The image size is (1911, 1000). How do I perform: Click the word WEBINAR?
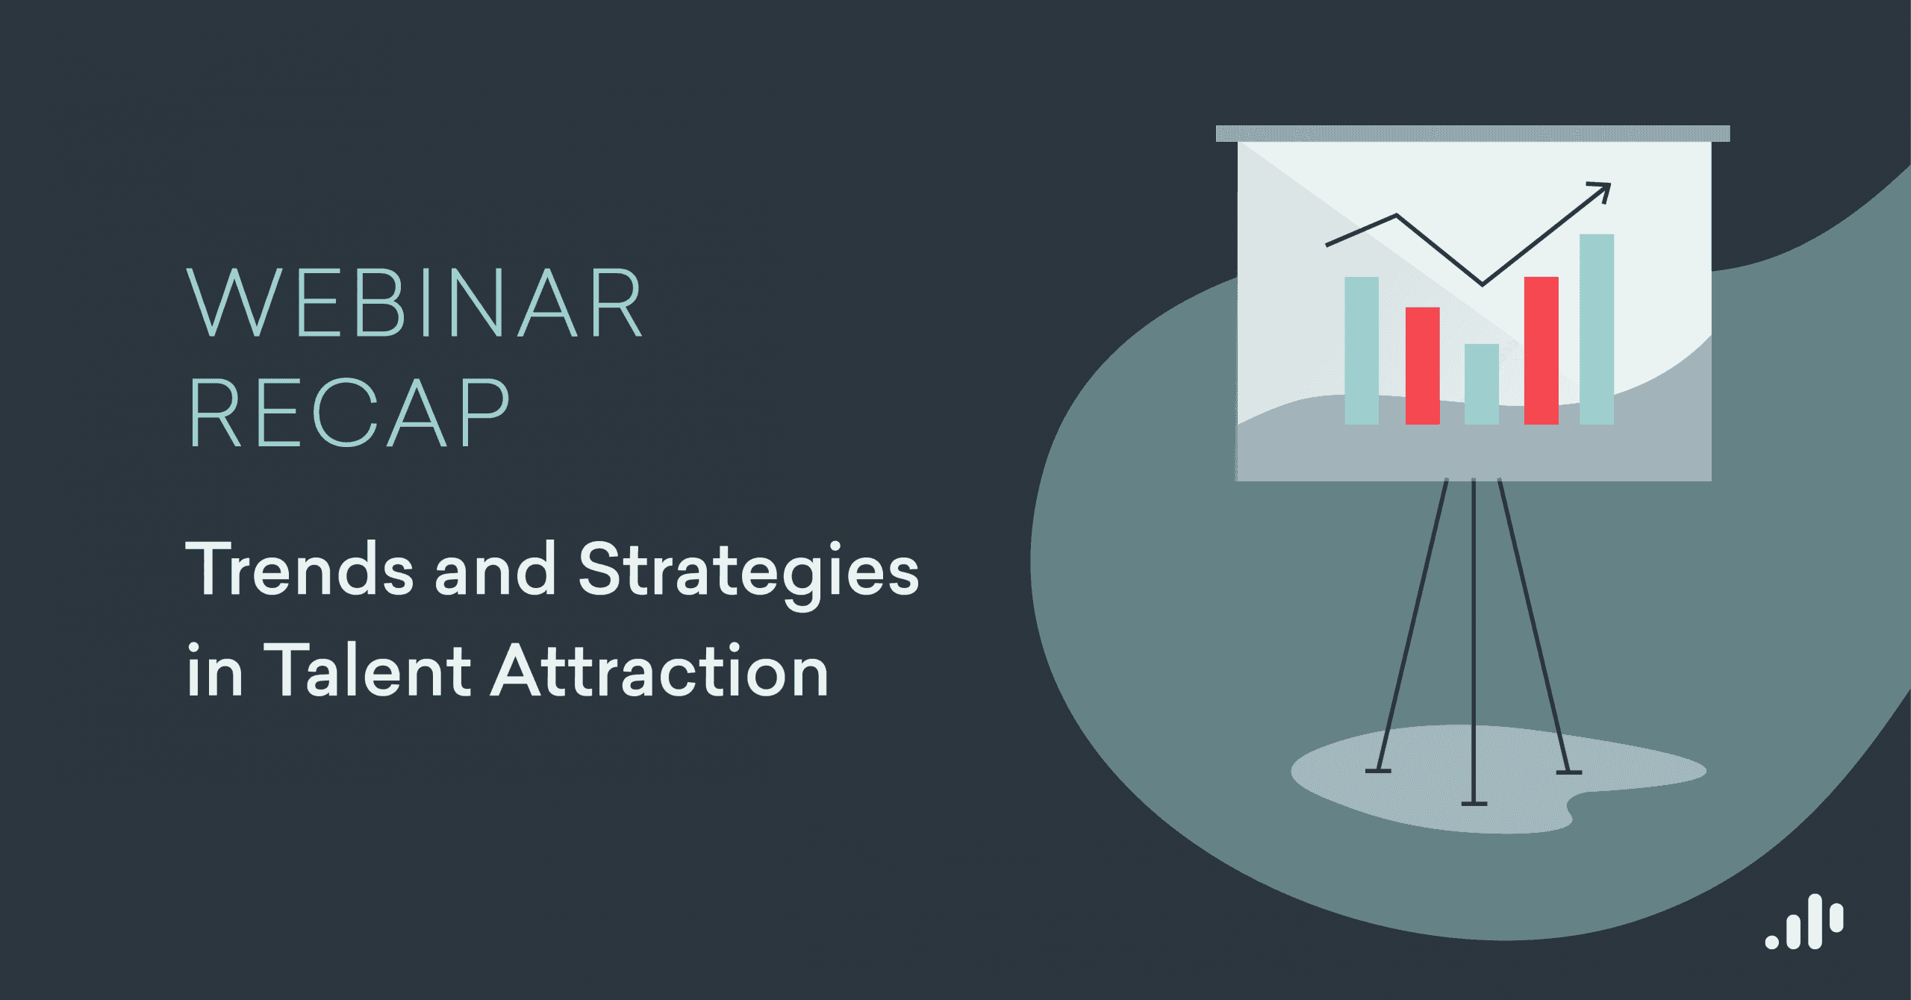[414, 302]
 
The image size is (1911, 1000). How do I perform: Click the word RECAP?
[349, 413]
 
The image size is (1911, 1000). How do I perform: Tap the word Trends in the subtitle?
[299, 569]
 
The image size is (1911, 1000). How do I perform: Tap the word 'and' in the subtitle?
[495, 569]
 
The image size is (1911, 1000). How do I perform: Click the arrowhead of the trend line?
[1603, 190]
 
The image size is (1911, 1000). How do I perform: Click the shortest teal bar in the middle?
[1482, 384]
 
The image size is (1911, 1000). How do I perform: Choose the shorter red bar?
[1422, 366]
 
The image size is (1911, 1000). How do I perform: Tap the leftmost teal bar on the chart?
[1362, 351]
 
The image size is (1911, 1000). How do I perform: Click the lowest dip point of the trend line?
[1483, 284]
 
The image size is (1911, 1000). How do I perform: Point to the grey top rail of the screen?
[1472, 134]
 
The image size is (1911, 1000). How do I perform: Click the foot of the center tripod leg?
[1474, 804]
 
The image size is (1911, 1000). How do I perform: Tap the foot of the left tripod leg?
[1378, 770]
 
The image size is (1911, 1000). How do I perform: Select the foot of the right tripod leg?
[1568, 772]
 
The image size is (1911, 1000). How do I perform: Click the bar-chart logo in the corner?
[1805, 922]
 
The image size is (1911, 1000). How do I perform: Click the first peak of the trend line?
[1396, 216]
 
